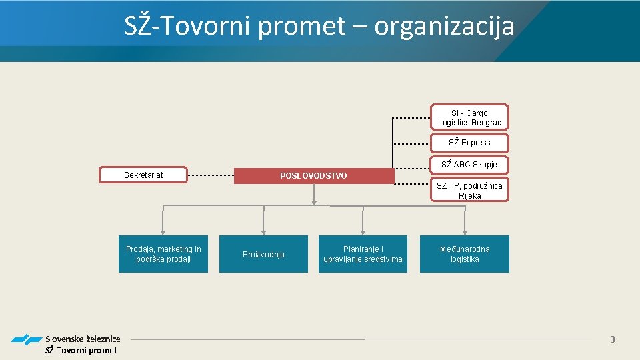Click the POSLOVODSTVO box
(x=314, y=175)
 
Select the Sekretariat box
(x=143, y=175)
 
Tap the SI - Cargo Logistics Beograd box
(x=469, y=117)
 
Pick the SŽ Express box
(x=469, y=143)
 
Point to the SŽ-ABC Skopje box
(x=469, y=164)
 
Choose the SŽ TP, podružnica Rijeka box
(x=469, y=190)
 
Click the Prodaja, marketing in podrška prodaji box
(x=163, y=254)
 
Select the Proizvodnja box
(x=263, y=254)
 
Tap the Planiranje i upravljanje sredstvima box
(x=363, y=254)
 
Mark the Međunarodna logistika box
(x=464, y=254)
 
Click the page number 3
(x=612, y=340)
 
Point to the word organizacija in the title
(x=444, y=27)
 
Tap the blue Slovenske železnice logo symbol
(x=26, y=340)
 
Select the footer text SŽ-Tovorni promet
(x=81, y=350)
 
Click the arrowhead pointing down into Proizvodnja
(x=263, y=231)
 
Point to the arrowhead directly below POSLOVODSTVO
(x=314, y=201)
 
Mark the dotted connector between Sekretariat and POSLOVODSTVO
(x=211, y=175)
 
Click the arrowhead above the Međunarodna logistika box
(x=464, y=231)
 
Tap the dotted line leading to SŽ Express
(x=411, y=143)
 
